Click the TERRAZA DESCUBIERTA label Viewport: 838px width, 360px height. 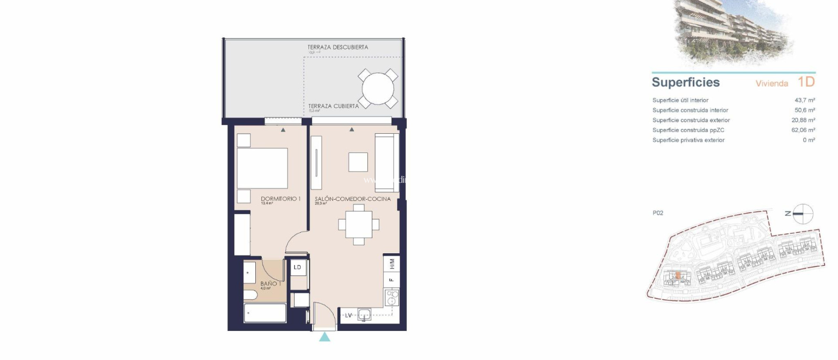pos(338,47)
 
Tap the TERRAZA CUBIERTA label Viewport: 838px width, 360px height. pos(333,106)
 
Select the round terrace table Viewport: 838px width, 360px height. pos(378,88)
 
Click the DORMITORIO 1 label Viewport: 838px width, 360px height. pos(281,199)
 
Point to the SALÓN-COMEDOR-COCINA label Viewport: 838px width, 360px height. pos(352,199)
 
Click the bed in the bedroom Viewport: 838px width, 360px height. pos(262,168)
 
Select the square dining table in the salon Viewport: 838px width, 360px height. pos(359,225)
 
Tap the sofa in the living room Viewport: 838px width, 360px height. pos(386,163)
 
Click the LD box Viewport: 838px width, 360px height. pos(297,267)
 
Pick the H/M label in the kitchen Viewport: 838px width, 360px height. pos(392,264)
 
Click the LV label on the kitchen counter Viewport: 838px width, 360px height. pos(349,315)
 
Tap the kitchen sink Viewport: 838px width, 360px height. pos(364,315)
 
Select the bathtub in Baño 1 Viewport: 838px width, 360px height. pos(265,313)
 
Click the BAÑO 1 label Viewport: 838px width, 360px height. pos(270,283)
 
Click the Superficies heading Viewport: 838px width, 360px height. pos(685,82)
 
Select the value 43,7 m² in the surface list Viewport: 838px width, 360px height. pos(804,100)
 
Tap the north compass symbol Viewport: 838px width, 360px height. pos(802,214)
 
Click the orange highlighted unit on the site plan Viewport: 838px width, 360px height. pos(678,276)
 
